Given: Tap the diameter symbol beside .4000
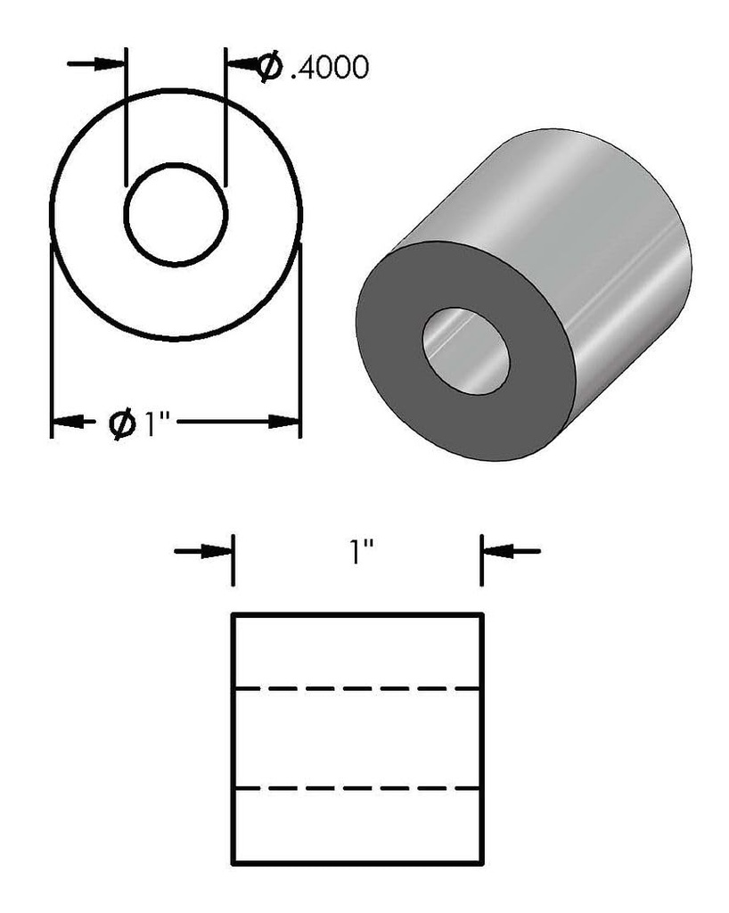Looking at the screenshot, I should (268, 67).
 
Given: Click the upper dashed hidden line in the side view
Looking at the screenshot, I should (356, 689).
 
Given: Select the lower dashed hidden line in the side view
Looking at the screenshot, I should (356, 788).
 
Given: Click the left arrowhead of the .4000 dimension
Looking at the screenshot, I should (111, 63).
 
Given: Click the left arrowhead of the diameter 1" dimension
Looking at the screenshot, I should (68, 421).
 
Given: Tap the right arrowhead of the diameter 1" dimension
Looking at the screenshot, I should (285, 421).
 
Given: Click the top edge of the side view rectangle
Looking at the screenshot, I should (356, 614).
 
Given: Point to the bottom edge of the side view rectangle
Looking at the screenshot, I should (356, 863).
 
